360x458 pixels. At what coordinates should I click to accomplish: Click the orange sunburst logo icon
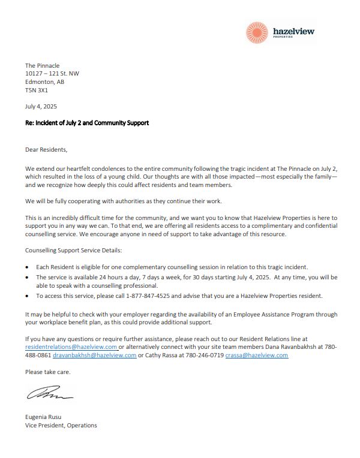[259, 32]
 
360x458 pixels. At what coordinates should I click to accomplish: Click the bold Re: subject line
[86, 123]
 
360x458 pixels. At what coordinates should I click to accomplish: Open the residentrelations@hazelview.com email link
[71, 346]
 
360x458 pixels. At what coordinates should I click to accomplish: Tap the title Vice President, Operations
[61, 426]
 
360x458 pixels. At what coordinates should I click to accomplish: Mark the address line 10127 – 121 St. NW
[52, 74]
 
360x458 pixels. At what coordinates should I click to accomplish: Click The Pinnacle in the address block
[42, 65]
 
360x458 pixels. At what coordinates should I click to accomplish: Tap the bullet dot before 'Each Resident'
[28, 266]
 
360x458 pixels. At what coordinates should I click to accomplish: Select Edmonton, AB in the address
[44, 82]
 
